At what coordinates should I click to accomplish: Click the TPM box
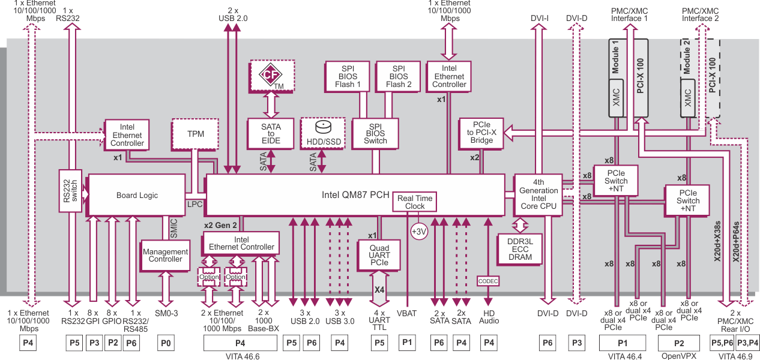point(196,134)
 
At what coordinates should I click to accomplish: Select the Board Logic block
point(137,195)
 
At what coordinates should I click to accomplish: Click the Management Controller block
point(165,256)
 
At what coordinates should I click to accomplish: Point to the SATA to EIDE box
point(271,134)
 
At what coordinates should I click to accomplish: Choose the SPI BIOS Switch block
point(376,134)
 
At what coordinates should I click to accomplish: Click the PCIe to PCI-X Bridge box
point(481,132)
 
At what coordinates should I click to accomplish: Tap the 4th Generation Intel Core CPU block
point(538,194)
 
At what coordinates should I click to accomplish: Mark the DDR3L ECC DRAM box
point(520,248)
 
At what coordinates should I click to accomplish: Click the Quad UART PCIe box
point(379,255)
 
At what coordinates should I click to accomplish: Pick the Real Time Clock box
point(414,202)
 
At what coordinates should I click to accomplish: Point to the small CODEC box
point(488,281)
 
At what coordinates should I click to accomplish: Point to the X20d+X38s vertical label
point(717,240)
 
